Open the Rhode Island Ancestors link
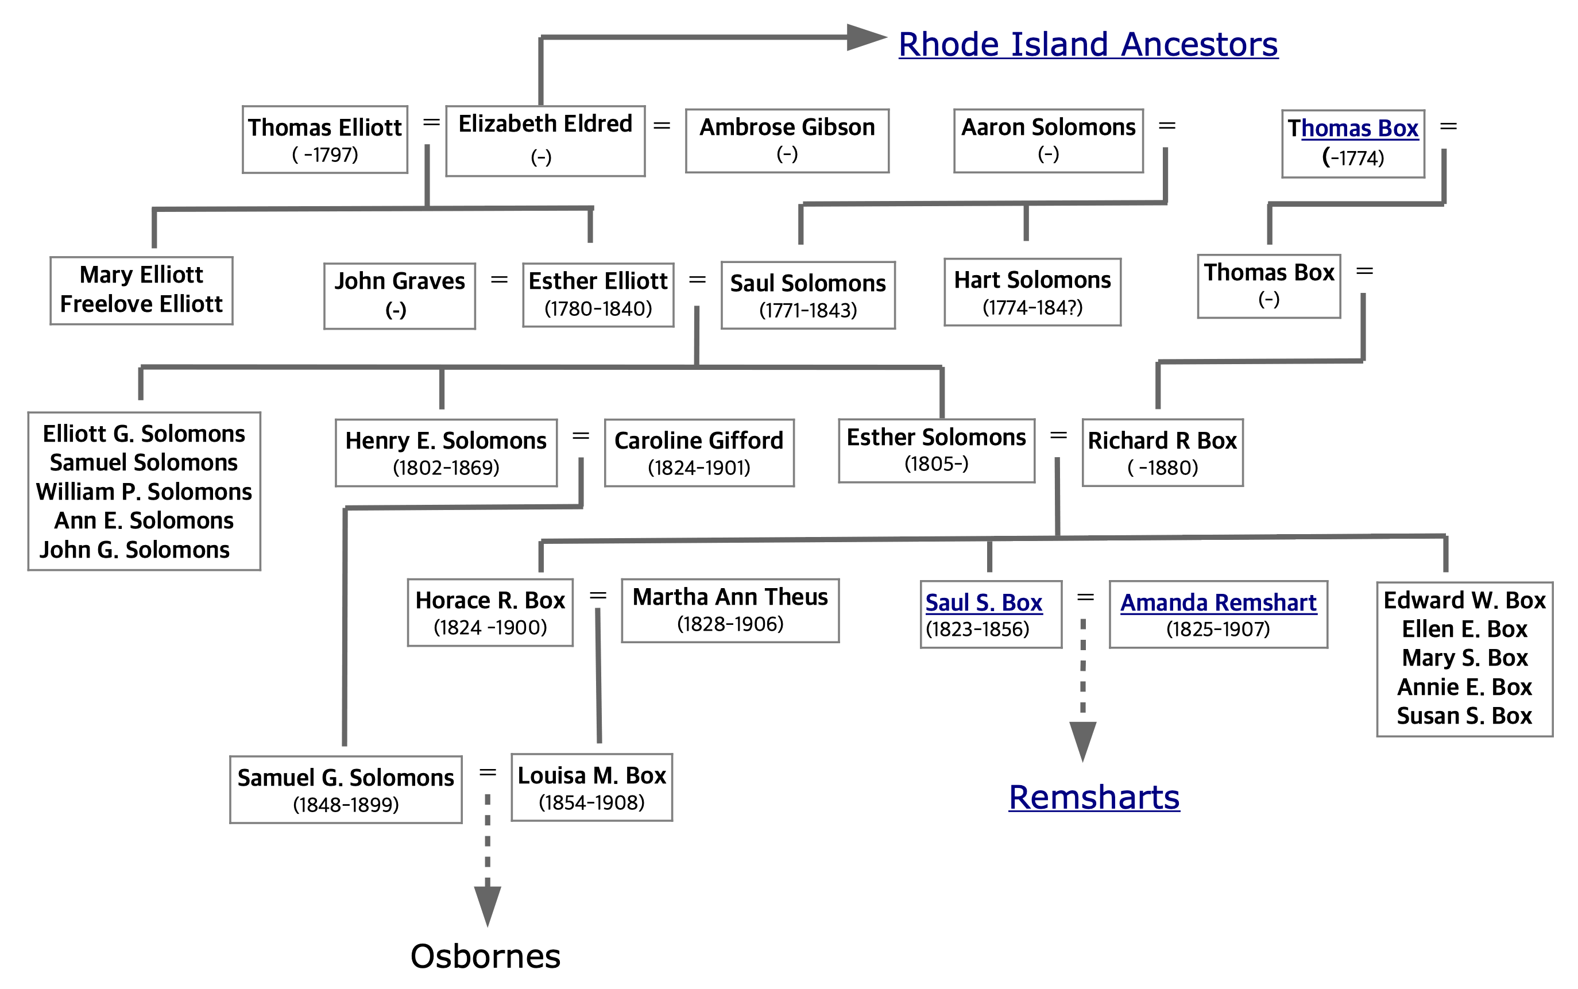pos(1088,45)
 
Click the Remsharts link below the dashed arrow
pos(1093,797)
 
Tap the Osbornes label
pos(485,956)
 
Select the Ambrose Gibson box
pos(787,140)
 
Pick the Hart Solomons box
pos(1032,292)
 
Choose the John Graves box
pos(399,295)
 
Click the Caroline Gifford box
pos(698,453)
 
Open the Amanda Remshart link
pos(1218,602)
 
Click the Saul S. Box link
pos(983,602)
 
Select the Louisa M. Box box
pos(591,787)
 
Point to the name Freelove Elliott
pos(141,304)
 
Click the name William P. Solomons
pos(144,491)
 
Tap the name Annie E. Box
pos(1464,687)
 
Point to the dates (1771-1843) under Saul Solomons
pos(807,310)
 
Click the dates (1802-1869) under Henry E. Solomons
pos(446,468)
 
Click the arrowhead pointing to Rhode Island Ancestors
pos(865,37)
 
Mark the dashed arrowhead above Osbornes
pos(487,905)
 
